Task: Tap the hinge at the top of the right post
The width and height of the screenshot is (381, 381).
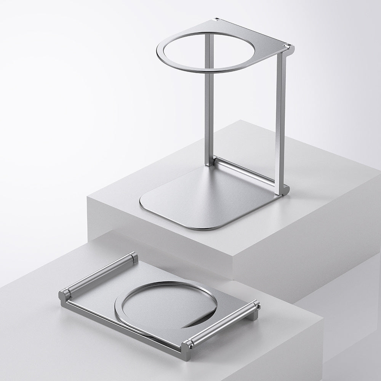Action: click(x=289, y=48)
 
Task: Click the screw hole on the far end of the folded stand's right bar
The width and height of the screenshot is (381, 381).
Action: click(x=258, y=305)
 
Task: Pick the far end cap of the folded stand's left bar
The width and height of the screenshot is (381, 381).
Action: click(x=133, y=257)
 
